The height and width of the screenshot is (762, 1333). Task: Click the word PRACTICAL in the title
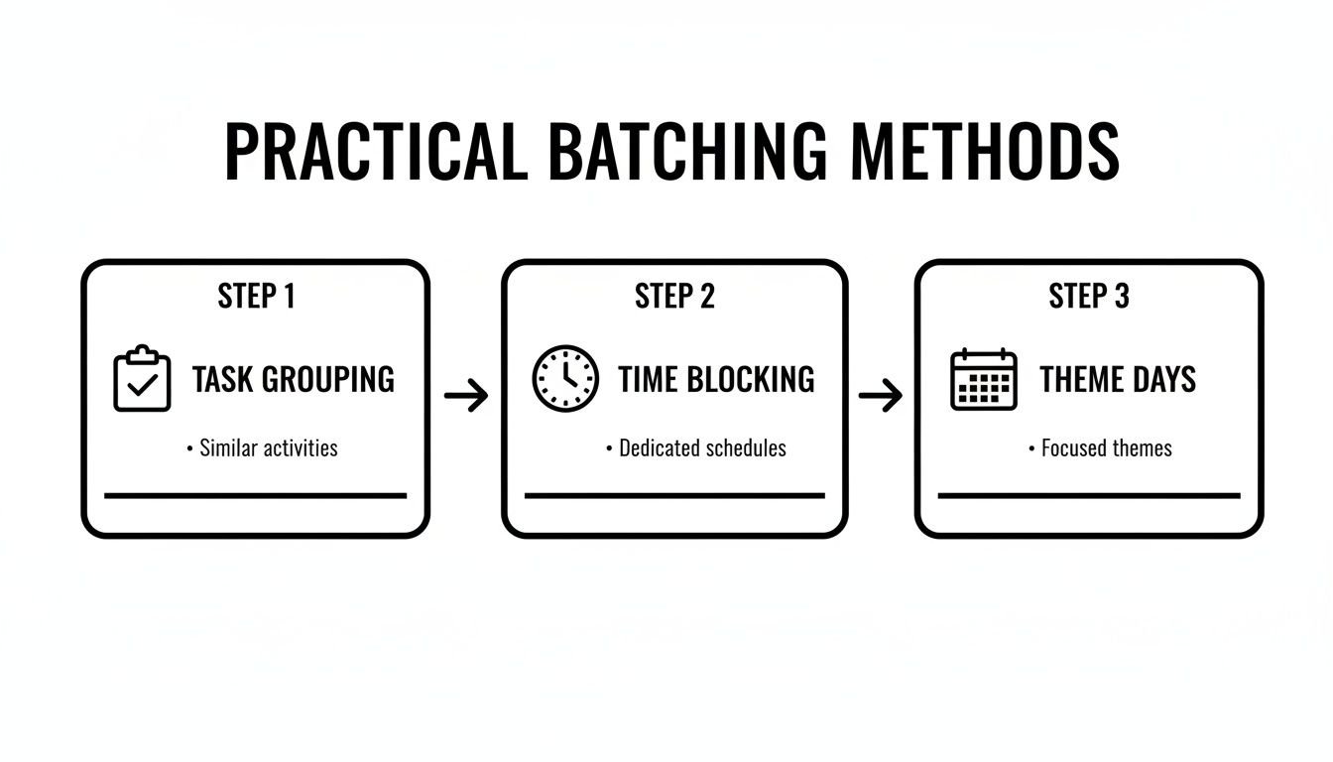click(375, 152)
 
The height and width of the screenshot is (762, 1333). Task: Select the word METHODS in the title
click(985, 152)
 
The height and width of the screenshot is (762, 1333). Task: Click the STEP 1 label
click(256, 296)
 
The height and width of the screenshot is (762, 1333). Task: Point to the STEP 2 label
click(674, 296)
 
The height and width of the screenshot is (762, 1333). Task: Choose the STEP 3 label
click(1089, 296)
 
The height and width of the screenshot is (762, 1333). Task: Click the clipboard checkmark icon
click(142, 379)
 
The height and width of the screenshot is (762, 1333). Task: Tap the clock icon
click(565, 379)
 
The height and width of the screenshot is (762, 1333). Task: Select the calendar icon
click(984, 379)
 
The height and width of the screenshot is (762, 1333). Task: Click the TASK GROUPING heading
click(293, 379)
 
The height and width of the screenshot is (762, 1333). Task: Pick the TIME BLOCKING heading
click(716, 379)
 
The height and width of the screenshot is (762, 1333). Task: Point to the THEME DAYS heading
click(1118, 379)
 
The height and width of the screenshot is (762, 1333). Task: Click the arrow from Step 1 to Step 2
click(466, 397)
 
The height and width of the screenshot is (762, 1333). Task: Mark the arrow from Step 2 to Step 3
click(881, 397)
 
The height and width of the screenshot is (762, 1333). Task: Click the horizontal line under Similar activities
click(255, 494)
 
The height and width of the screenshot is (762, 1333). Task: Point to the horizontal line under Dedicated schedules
click(674, 494)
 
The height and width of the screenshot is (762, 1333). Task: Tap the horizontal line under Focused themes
click(1089, 494)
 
